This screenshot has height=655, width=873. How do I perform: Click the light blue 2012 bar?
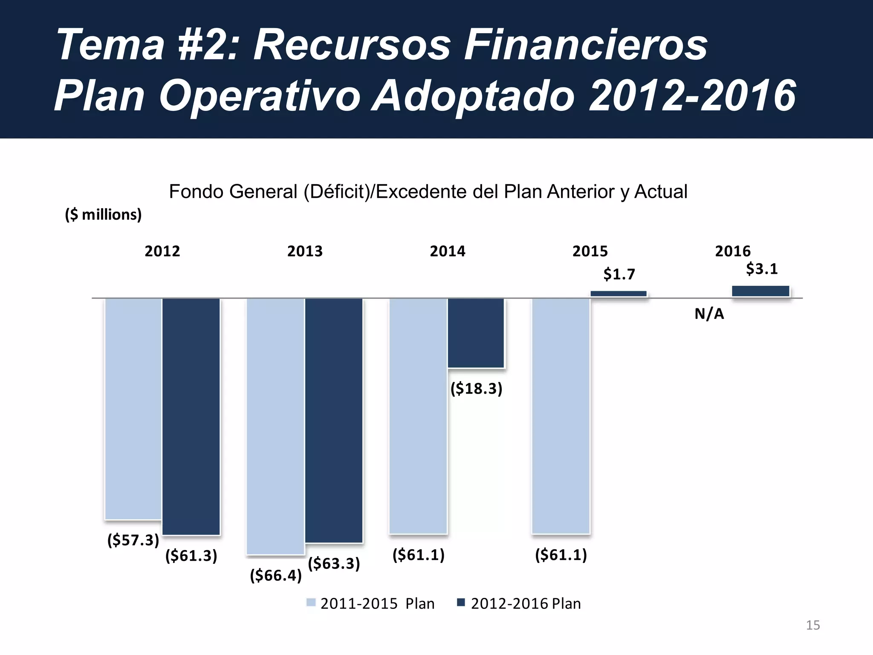133,409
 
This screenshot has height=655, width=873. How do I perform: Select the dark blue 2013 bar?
334,420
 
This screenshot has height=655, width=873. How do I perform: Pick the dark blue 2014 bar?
476,333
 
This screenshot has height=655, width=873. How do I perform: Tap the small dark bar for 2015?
619,294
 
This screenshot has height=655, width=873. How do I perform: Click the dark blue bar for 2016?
761,291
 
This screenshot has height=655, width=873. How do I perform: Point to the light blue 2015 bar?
561,416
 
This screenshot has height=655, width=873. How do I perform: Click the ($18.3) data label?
477,388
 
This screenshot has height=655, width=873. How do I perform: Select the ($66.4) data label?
276,575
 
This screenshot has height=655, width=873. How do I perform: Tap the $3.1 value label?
762,269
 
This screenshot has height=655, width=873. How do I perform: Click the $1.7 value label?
619,274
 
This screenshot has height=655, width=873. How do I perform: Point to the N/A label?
709,314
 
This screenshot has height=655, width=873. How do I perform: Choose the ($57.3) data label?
133,540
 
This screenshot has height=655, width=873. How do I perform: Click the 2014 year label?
448,251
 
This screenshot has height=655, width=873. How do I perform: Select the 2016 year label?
733,251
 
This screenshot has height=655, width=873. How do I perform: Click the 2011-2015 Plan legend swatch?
311,603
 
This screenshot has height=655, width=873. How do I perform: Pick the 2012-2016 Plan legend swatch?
461,603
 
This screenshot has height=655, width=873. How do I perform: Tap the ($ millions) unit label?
103,214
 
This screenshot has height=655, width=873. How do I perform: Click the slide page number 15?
813,625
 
